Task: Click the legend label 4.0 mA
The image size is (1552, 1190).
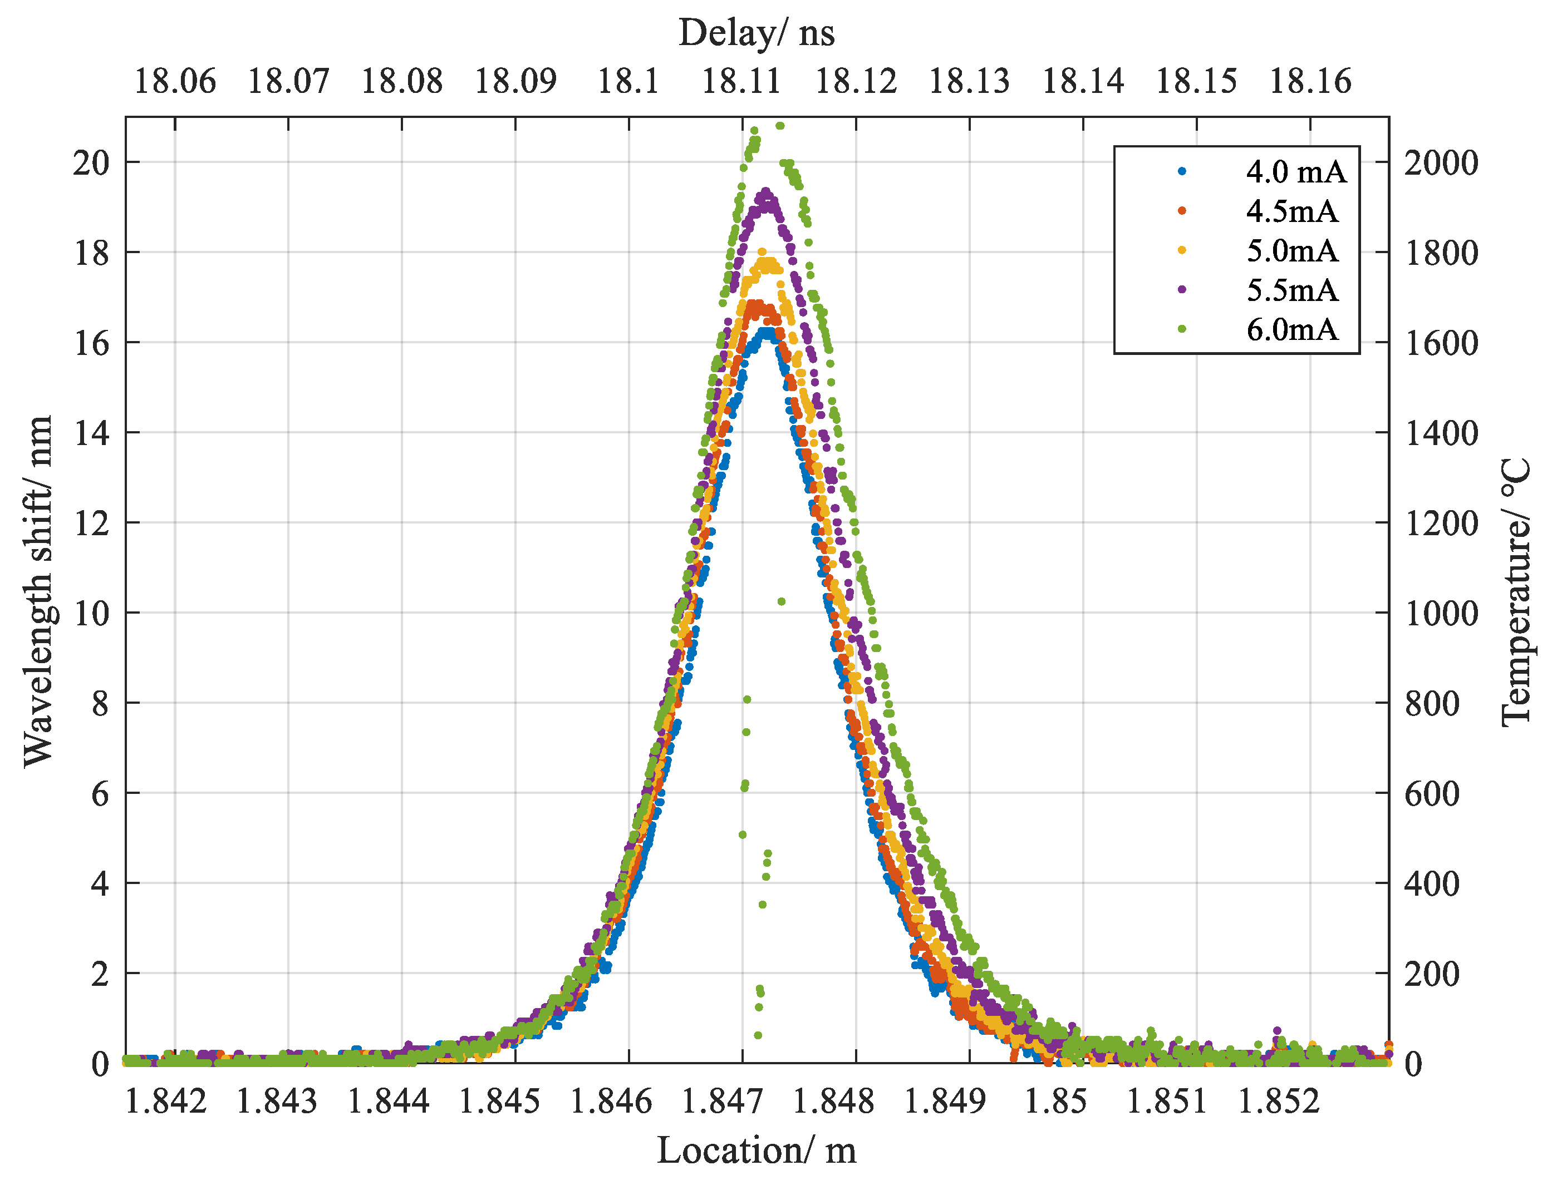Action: [1295, 172]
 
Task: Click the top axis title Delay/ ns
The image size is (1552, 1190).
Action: [756, 33]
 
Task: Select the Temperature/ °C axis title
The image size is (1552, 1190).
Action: [1516, 591]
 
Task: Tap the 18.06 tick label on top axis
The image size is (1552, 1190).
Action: [174, 81]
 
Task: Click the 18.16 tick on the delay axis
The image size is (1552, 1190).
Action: [1310, 81]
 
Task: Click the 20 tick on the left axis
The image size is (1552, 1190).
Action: [91, 163]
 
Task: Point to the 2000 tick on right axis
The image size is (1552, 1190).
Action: [1441, 163]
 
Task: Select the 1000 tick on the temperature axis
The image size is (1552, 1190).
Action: [1441, 614]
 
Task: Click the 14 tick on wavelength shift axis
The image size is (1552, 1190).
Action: [91, 433]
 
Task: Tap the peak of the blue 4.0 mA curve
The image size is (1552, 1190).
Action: [768, 331]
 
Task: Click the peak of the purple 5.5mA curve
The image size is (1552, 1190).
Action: [765, 192]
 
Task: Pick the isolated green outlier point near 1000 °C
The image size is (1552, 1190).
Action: [781, 601]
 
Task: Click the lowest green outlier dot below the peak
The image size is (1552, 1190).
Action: [758, 1035]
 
